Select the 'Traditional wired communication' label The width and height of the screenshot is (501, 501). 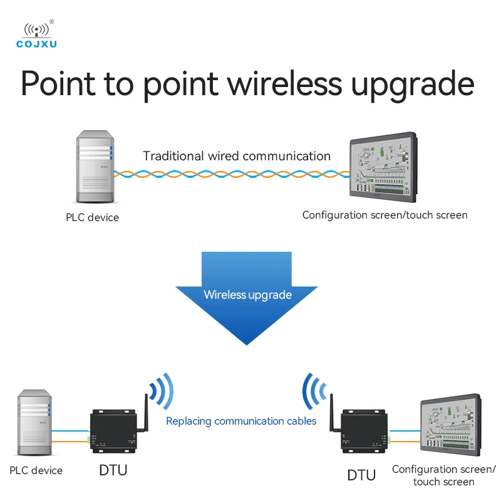[x=237, y=156]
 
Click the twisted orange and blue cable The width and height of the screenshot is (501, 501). [x=232, y=174]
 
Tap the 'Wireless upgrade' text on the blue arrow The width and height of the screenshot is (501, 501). [x=248, y=294]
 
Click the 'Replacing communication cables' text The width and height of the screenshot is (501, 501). [x=241, y=421]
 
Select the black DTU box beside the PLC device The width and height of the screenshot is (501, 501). [x=114, y=430]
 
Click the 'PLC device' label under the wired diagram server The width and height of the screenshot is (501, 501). [x=92, y=218]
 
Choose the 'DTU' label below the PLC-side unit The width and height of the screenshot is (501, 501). [x=114, y=470]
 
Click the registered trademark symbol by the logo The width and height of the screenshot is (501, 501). [x=52, y=22]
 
